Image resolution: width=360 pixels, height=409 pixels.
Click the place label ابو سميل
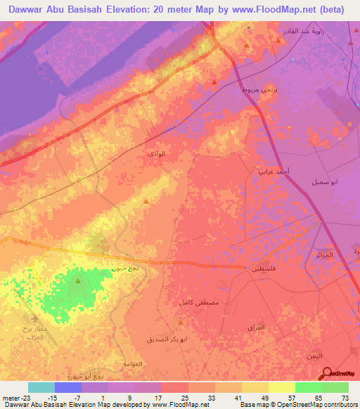point(325,181)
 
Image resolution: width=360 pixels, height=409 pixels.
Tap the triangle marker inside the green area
point(77,282)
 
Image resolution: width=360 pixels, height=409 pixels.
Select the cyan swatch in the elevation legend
point(41,387)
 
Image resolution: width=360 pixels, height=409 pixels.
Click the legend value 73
point(345,397)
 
